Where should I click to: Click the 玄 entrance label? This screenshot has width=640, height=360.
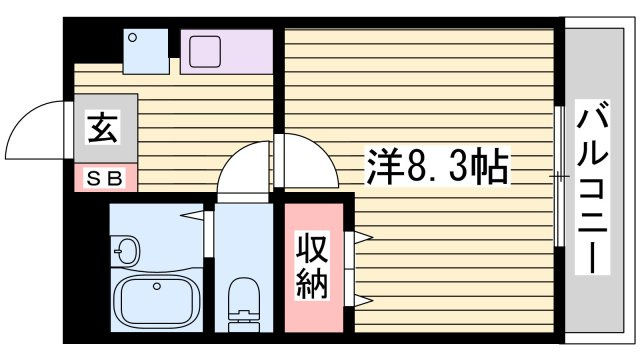104,128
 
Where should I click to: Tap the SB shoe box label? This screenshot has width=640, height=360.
105,178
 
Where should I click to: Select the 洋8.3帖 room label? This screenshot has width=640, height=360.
438,166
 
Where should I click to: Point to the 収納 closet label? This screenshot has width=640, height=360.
312,266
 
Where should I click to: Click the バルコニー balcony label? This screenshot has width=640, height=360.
592,187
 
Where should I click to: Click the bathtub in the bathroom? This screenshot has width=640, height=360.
157,300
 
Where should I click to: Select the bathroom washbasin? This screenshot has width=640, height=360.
127,250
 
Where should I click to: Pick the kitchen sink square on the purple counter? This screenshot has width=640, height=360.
205,51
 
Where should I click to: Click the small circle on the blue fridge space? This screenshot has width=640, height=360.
132,38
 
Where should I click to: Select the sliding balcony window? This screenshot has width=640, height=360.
560,176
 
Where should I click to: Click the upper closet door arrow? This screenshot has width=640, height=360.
363,237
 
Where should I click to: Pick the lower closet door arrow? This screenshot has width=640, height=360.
363,301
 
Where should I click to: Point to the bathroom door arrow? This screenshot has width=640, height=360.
192,215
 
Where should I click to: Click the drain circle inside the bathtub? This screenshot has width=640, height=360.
157,286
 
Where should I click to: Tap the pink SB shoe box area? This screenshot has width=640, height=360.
106,178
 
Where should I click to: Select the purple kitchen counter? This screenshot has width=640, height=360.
227,51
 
